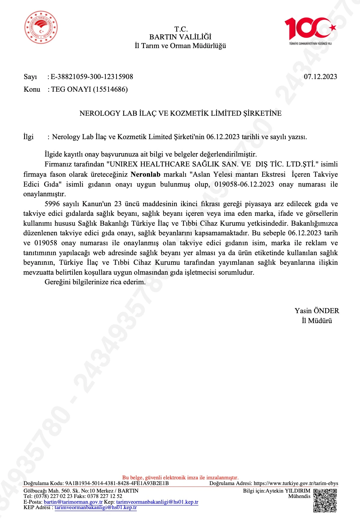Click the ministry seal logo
[41, 28]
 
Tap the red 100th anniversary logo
[310, 29]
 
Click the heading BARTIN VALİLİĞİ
[180, 37]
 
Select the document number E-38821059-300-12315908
[92, 77]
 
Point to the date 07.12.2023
[320, 77]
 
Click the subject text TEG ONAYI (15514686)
[89, 89]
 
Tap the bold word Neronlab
[145, 175]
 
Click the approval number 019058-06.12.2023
[244, 184]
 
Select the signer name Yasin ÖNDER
[317, 311]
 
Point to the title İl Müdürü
[317, 321]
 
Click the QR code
[325, 500]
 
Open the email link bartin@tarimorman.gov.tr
[73, 502]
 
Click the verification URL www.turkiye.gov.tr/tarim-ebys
[296, 484]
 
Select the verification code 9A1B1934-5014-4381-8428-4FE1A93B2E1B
[117, 484]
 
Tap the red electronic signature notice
[180, 478]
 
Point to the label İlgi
[29, 137]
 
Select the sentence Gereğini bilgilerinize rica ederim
[95, 282]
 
